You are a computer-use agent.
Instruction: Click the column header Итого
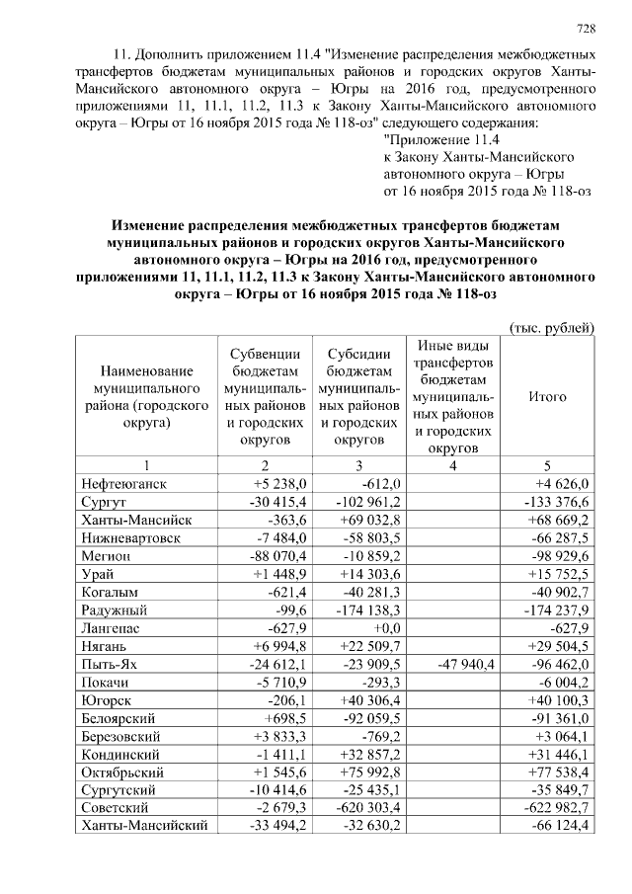point(547,396)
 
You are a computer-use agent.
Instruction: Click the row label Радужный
point(116,609)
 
